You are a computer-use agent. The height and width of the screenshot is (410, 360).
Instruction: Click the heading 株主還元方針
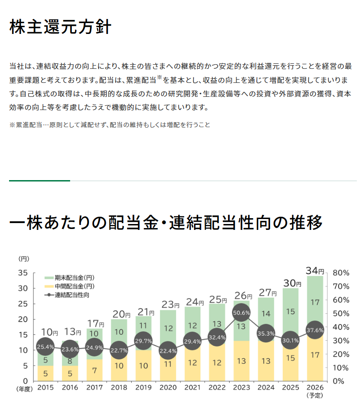60,27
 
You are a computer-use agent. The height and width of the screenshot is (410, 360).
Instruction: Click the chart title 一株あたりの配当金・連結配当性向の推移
166,223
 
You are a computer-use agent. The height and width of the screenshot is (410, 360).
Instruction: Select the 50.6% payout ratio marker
242,313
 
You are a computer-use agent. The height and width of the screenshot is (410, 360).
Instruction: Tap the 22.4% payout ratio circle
168,350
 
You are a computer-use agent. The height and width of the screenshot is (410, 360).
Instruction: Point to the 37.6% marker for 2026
315,330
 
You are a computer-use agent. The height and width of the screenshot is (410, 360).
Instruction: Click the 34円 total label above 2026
315,271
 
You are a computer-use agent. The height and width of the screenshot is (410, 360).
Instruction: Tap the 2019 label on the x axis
144,387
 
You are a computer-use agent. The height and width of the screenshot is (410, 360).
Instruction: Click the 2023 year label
242,387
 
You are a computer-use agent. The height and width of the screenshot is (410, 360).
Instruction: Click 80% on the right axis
341,273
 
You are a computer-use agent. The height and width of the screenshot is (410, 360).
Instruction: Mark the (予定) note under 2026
315,395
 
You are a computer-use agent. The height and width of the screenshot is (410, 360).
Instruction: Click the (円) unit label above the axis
24,259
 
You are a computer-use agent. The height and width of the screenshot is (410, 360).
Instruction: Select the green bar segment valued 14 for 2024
266,314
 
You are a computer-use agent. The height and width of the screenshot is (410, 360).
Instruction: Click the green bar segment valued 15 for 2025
290,311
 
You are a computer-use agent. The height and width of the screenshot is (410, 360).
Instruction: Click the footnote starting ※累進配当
109,124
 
